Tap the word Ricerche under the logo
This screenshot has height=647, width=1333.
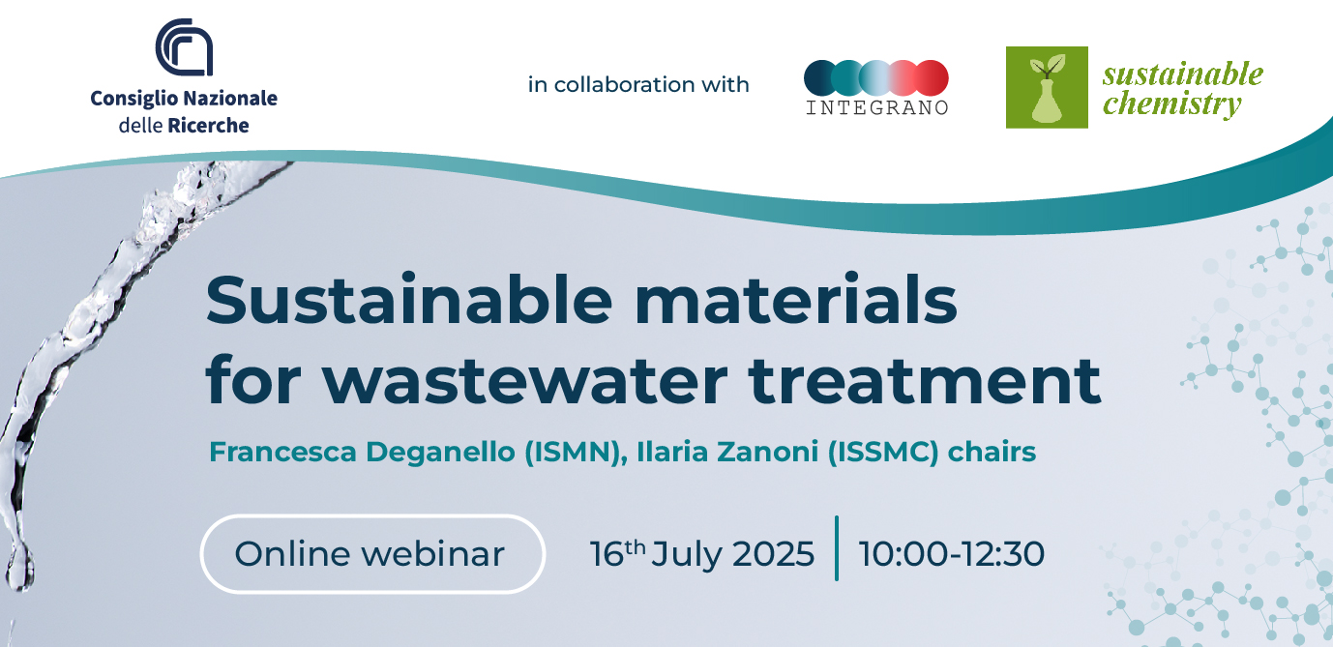tap(208, 125)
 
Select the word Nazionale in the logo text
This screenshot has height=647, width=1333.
tap(230, 98)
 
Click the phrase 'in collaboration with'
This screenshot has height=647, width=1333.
tap(637, 84)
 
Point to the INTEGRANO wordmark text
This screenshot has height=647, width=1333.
tap(876, 107)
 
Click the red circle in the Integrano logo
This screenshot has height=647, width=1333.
tap(932, 78)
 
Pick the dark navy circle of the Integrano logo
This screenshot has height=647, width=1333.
tap(821, 78)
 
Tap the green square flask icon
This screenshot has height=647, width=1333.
tap(1047, 87)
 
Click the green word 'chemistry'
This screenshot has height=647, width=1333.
tap(1172, 103)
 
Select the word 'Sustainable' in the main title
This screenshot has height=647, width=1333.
tap(409, 299)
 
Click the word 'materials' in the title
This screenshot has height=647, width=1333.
tap(796, 299)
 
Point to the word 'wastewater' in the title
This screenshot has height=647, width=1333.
tap(526, 381)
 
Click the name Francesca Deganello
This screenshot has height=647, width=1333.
tap(363, 453)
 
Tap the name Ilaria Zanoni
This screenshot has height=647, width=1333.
tap(727, 452)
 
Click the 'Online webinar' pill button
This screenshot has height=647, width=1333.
tap(372, 554)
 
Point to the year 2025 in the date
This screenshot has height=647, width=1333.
tap(773, 554)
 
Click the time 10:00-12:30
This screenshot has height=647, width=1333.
tap(952, 554)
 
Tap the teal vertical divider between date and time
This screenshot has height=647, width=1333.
tap(837, 548)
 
